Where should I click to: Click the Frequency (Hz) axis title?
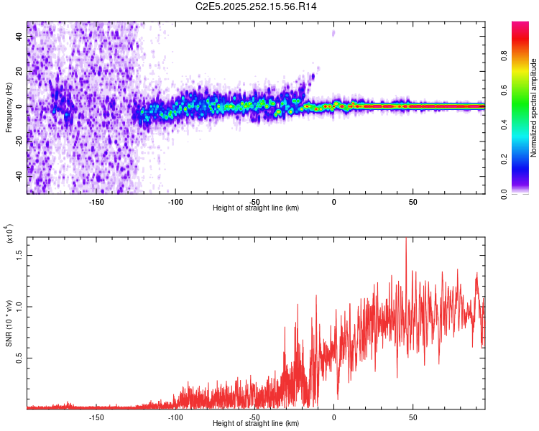pyautogui.click(x=9, y=108)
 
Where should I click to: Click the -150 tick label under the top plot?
pyautogui.click(x=96, y=202)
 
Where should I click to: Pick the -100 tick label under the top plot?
pyautogui.click(x=175, y=202)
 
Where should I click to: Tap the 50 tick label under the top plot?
pyautogui.click(x=413, y=202)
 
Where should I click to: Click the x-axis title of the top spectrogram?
pyautogui.click(x=256, y=208)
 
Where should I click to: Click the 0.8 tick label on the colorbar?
pyautogui.click(x=526, y=56)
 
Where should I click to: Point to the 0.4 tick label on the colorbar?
pyautogui.click(x=526, y=125)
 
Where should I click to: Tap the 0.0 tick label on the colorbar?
pyautogui.click(x=526, y=193)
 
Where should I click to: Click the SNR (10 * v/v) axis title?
pyautogui.click(x=9, y=323)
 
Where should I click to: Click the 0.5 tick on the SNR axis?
pyautogui.click(x=20, y=358)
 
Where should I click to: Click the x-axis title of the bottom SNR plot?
pyautogui.click(x=256, y=424)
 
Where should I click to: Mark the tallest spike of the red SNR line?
pyautogui.click(x=406, y=239)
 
